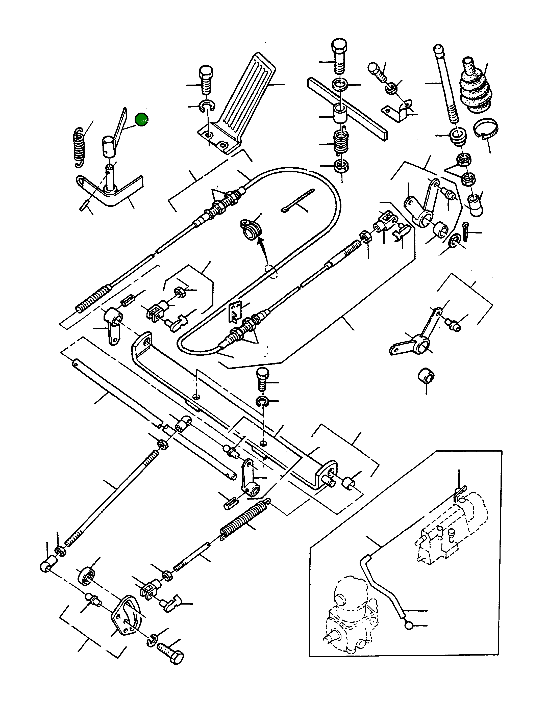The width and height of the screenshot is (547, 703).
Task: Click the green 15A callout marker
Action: tap(142, 120)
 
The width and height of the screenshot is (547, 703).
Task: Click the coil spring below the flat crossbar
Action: tap(339, 141)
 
